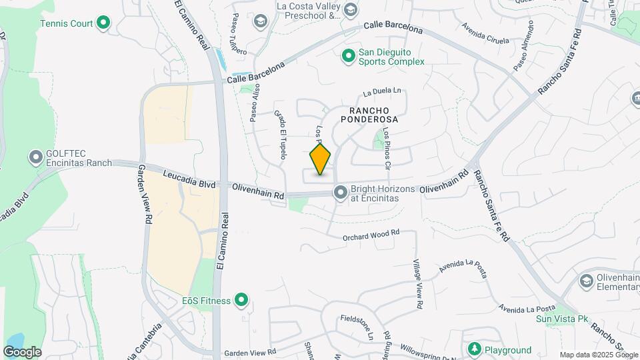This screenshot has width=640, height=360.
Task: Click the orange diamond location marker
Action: [x=320, y=159]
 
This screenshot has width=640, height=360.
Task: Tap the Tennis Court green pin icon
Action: [x=103, y=23]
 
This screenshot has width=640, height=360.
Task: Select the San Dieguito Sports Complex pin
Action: [x=348, y=56]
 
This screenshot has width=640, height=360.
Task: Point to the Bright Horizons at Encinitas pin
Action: [x=341, y=193]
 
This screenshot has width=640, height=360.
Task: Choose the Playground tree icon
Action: [x=474, y=349]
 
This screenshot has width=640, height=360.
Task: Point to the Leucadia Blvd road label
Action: [x=189, y=179]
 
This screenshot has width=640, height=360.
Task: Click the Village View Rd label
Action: [x=417, y=284]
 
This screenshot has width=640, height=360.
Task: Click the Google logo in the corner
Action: [x=22, y=351]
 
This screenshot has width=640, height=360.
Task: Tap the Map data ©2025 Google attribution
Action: [x=599, y=355]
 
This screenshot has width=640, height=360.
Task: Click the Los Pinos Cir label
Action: [x=387, y=145]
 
